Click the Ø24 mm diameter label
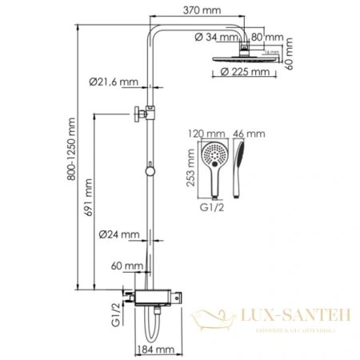tap(118, 234)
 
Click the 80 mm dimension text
tap(270, 37)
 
